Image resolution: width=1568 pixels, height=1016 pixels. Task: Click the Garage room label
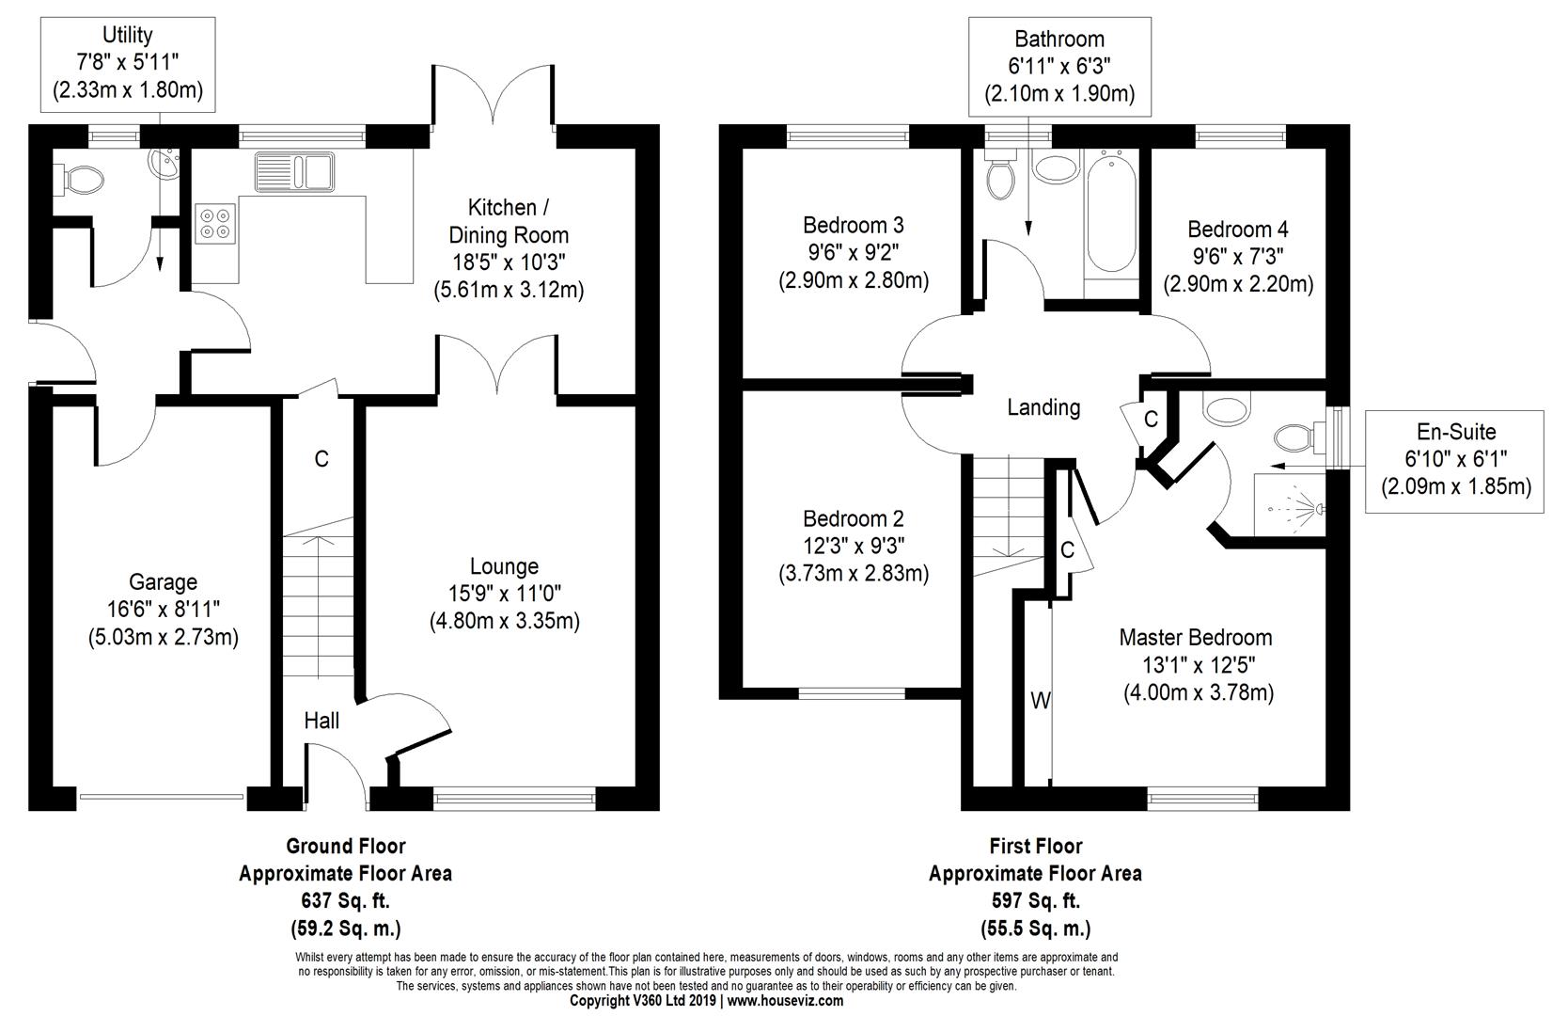pos(164,581)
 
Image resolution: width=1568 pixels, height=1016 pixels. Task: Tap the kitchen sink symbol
pos(294,171)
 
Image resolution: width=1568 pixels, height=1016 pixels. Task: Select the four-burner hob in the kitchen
pos(215,223)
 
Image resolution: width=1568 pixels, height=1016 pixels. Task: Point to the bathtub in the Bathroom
pos(1111,214)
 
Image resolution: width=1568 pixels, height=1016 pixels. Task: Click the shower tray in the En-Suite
pos(1289,504)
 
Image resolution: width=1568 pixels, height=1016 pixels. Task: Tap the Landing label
pos(1043,407)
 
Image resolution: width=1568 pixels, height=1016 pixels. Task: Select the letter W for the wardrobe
pos(1041,700)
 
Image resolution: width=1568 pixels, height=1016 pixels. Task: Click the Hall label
pos(321,721)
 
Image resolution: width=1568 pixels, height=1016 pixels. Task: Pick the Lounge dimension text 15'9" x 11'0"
pos(505,594)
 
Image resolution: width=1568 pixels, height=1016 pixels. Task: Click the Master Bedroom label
pos(1196,638)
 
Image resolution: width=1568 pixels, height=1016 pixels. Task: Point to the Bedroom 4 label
pos(1238,230)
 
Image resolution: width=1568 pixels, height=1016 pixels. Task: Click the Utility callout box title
pos(128,34)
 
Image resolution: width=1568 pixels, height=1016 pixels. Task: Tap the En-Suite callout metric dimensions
pos(1456,485)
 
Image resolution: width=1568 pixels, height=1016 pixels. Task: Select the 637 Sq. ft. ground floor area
pos(345,900)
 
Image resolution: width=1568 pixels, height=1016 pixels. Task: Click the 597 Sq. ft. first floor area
pos(1035,900)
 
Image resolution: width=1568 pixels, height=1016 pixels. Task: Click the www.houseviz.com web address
pos(785,1001)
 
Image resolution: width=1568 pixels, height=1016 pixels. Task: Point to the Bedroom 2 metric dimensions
pos(854,573)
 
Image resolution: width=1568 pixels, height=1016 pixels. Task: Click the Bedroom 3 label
pos(854,225)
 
